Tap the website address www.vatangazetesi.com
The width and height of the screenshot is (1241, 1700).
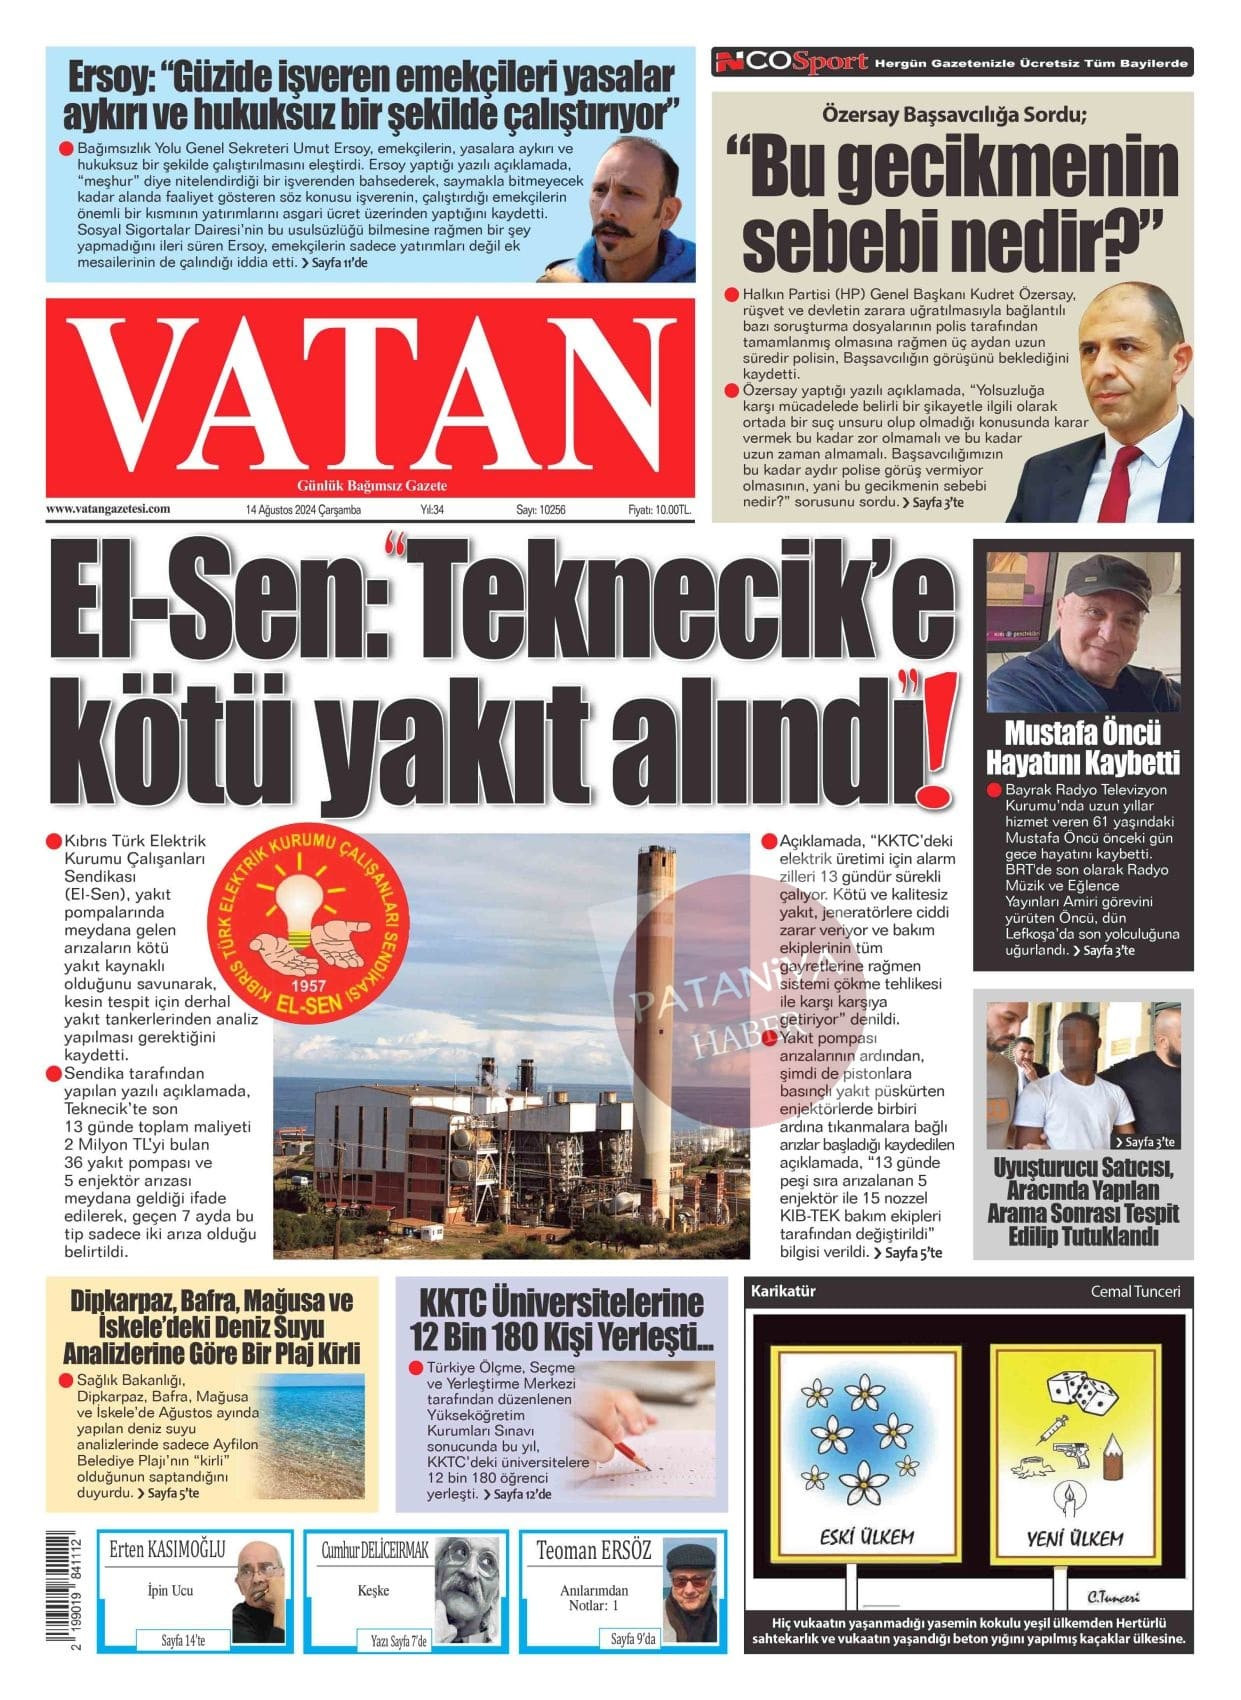click(108, 509)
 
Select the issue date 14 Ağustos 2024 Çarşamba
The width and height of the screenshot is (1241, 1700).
click(303, 510)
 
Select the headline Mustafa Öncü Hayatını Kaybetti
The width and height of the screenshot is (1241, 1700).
click(1083, 747)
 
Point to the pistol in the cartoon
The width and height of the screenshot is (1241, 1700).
click(1069, 1449)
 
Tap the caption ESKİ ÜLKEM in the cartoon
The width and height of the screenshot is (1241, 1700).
click(866, 1538)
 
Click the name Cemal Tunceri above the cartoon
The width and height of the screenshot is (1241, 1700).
click(1135, 1291)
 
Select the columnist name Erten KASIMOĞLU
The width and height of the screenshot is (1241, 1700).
click(168, 1551)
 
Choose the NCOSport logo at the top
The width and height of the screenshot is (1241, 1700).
click(790, 63)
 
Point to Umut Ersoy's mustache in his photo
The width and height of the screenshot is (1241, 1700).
click(618, 232)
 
